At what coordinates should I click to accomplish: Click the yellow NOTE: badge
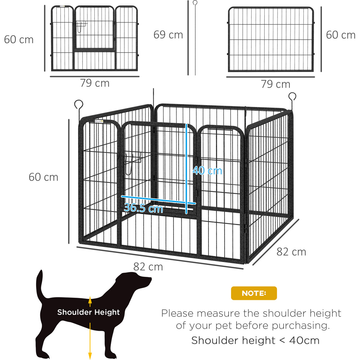coord(254,293)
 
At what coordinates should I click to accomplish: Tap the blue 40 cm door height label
coord(207,171)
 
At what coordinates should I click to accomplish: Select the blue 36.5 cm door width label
coord(143,208)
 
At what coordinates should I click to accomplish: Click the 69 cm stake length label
coord(168,35)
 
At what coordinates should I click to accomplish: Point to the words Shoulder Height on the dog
coord(89,312)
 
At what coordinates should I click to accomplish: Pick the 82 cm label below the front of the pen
coord(148,267)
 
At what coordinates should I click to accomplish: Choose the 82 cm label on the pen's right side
coord(291,252)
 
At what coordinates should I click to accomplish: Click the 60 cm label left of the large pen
coord(44,177)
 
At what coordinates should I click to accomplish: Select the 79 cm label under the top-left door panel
coord(95,83)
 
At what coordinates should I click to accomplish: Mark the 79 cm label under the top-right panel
coord(275,84)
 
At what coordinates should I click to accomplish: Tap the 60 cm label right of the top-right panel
coord(341,35)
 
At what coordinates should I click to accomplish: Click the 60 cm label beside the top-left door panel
coord(19,40)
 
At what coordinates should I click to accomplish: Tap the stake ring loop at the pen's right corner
coord(292,96)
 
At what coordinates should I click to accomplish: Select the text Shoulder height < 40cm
coord(255,340)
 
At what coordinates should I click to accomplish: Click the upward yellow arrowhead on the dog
coord(90,300)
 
